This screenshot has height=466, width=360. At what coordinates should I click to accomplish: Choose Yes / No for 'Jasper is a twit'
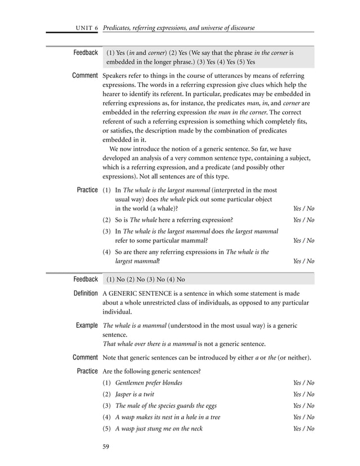click(304, 394)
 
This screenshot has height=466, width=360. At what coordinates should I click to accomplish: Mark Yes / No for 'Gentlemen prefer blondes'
click(304, 383)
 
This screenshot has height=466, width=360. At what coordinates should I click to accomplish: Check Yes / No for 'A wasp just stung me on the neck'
click(304, 428)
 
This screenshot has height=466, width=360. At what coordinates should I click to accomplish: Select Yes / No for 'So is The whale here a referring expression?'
click(304, 220)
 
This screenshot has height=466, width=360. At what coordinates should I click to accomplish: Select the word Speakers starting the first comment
click(116, 76)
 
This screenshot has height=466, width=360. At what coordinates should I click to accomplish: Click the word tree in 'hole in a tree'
click(213, 417)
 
